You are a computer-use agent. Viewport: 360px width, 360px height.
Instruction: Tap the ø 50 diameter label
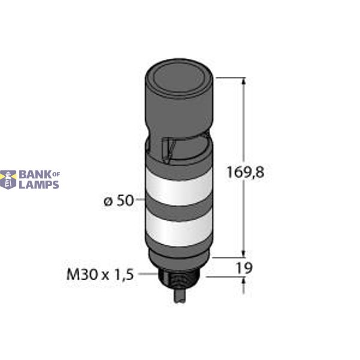[118, 202]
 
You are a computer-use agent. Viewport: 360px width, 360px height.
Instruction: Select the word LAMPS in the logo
[39, 185]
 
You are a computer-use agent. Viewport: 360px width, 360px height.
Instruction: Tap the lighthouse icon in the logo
[8, 179]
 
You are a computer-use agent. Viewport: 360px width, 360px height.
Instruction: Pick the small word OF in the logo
[56, 174]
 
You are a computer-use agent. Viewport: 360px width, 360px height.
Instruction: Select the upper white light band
[178, 187]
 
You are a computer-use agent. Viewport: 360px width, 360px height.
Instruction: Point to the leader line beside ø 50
[139, 202]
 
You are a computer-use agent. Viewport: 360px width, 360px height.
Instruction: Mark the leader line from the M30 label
[147, 274]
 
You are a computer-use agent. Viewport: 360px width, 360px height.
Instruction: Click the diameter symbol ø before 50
[108, 202]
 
